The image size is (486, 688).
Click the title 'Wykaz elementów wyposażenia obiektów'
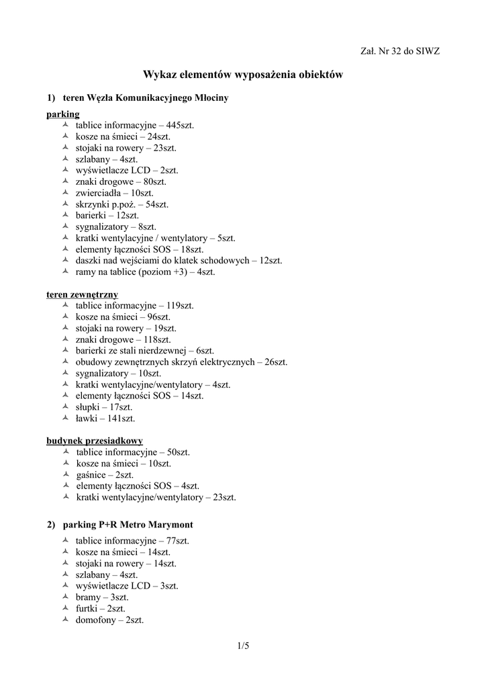tap(243, 76)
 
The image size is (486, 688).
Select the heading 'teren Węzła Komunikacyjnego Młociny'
tap(145, 98)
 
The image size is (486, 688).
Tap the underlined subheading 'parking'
tap(63, 114)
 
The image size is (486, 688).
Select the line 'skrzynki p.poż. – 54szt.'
tap(121, 204)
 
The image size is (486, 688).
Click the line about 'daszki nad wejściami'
tap(179, 261)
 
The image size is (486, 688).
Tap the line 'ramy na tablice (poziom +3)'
tap(145, 272)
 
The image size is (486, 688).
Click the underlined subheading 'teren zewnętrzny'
tap(83, 294)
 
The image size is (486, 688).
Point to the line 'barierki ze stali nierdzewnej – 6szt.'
tap(144, 351)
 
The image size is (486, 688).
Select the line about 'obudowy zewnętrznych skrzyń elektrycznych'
tap(181, 362)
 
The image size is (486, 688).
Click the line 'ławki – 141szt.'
tap(105, 419)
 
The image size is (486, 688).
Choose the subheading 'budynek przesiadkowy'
tap(95, 441)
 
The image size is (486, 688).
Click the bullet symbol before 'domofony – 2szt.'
tap(65, 619)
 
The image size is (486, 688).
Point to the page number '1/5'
tap(243, 647)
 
